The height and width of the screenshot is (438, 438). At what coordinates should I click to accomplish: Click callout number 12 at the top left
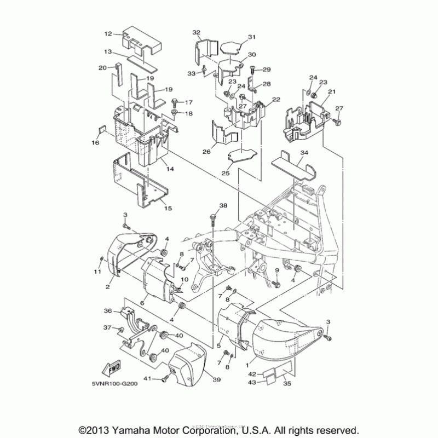(107, 34)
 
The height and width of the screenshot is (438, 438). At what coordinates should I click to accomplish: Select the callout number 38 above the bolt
(222, 206)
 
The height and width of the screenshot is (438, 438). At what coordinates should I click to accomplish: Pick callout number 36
(108, 312)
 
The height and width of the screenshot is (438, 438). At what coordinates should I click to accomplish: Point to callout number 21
(331, 91)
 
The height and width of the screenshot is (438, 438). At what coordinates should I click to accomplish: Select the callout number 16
(95, 143)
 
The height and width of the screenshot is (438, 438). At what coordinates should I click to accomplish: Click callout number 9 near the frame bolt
(277, 270)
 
